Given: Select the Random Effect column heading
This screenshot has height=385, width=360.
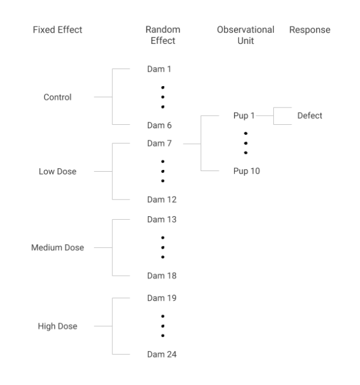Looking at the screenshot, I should [x=162, y=35].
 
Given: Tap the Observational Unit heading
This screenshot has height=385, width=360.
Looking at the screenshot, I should [x=245, y=35].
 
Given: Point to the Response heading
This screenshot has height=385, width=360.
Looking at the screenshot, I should [x=310, y=30].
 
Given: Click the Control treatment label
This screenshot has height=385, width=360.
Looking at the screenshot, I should [x=58, y=97].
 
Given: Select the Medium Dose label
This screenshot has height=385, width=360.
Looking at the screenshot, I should [x=58, y=248].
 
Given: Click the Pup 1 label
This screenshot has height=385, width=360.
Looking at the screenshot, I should [x=244, y=115].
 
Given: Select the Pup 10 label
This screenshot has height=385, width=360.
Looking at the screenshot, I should [x=246, y=171].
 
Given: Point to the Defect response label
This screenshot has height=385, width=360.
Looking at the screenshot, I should [x=310, y=115].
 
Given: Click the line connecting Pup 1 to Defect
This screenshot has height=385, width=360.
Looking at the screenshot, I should [x=264, y=116].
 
